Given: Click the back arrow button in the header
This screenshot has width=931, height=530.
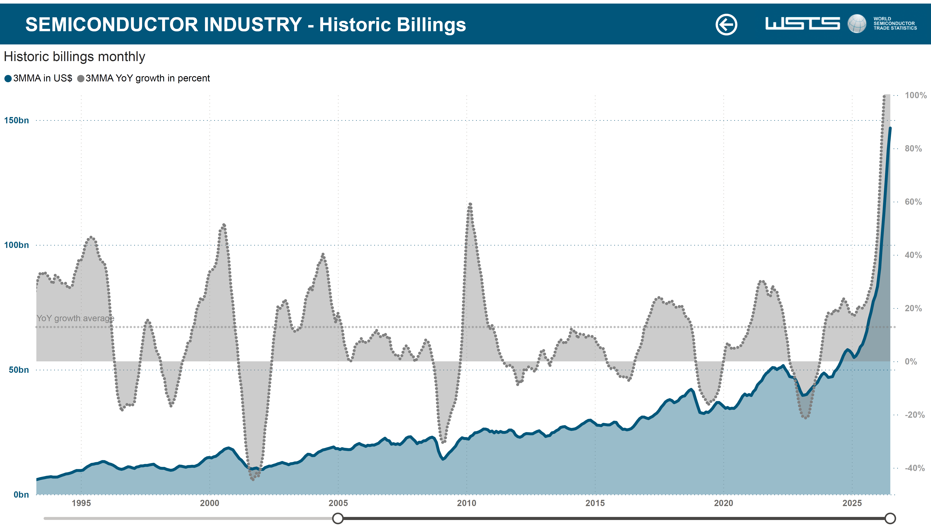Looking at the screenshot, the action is (726, 24).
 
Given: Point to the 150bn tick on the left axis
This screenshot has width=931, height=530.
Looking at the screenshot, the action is (16, 120).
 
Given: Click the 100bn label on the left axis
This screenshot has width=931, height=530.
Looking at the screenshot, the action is (16, 245).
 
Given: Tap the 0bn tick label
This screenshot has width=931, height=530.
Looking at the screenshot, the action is (21, 495).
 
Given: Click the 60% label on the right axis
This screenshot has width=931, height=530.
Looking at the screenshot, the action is (913, 202).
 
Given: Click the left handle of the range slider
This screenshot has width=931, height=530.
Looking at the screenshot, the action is (338, 518).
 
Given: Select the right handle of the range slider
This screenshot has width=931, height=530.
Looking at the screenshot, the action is (890, 518).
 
